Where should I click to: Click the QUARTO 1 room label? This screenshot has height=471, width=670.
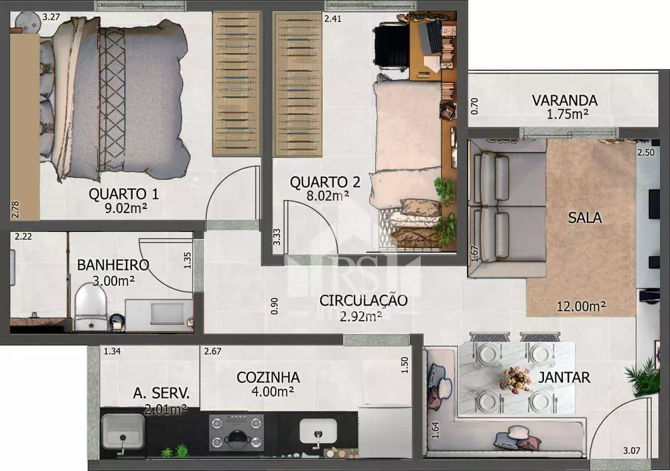(123, 194)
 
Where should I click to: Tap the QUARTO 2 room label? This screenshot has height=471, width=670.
(325, 182)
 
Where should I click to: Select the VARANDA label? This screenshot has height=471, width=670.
(564, 100)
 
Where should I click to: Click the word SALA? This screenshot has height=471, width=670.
(584, 218)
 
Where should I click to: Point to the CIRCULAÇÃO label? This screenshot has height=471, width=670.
(362, 300)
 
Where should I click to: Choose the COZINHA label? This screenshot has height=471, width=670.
(268, 377)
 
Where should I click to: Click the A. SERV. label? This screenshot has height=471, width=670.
(161, 393)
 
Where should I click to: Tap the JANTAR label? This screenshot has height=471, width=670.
(564, 377)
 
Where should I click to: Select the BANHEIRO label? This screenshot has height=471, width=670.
(113, 265)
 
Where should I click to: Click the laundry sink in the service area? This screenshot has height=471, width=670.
(123, 431)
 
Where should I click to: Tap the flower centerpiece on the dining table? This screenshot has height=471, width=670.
(516, 379)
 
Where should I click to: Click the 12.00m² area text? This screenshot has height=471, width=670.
(581, 306)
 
